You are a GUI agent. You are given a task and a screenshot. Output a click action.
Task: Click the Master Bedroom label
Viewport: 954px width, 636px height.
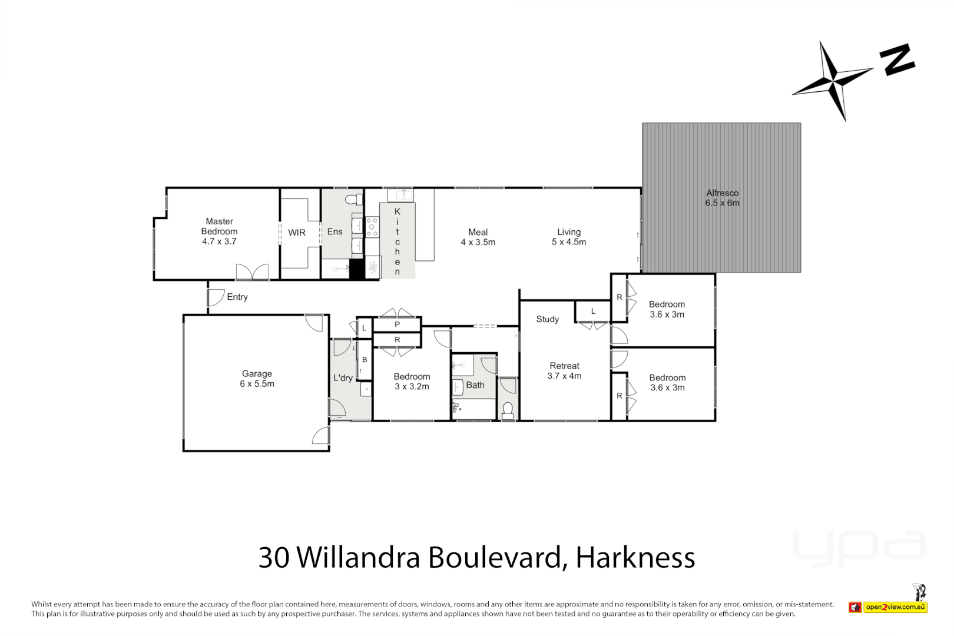[x=219, y=231]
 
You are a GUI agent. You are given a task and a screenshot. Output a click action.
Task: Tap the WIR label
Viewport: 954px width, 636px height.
[x=297, y=233]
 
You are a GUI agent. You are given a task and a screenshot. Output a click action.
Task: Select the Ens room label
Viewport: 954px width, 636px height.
[x=334, y=231]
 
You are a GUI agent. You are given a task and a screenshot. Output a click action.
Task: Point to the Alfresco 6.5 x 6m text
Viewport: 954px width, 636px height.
[x=722, y=198]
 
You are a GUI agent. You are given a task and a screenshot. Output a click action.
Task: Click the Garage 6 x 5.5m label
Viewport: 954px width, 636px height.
[x=257, y=379]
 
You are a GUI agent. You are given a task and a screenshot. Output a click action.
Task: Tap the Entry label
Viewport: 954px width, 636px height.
[x=237, y=297]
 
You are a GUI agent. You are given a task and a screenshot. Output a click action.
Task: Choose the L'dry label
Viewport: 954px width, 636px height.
[x=343, y=378]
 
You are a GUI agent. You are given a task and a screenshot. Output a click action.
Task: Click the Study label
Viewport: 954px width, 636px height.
[x=547, y=319]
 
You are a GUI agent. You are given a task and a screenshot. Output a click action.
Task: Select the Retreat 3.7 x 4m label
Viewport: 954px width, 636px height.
[x=564, y=371]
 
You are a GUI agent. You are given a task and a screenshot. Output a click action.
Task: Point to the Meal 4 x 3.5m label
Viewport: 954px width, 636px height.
[x=478, y=237]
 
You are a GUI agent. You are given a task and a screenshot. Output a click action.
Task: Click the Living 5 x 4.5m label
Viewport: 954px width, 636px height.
[x=569, y=237]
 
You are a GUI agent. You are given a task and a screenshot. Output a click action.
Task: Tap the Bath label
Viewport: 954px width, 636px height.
[x=475, y=385]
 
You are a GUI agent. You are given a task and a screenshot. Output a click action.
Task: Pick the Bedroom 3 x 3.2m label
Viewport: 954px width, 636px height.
[x=412, y=382]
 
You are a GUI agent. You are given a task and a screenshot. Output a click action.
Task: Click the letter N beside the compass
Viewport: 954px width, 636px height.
[x=897, y=59]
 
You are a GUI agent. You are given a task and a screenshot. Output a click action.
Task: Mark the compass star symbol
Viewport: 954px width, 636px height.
[x=833, y=80]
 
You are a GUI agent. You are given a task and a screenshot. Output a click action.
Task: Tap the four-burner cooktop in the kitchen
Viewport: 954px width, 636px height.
[x=372, y=227]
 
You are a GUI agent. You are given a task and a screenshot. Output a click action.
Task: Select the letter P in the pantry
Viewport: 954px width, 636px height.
[x=397, y=324]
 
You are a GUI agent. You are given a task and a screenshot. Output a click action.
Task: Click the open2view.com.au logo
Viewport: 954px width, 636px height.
[x=895, y=607]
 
